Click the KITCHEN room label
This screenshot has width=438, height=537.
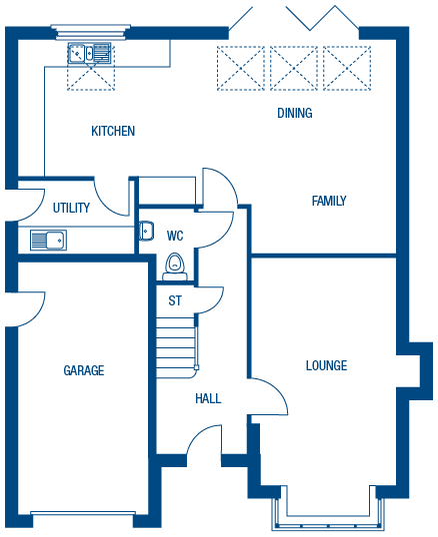click(113, 132)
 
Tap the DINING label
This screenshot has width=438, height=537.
click(295, 114)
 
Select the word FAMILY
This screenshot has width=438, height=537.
click(328, 201)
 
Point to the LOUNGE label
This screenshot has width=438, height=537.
click(326, 366)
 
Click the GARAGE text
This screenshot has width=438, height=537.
click(84, 370)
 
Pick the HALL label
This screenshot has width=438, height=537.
click(208, 398)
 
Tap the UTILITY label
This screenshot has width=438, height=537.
click(71, 209)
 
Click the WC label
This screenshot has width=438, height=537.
click(175, 237)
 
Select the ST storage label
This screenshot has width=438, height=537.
click(175, 300)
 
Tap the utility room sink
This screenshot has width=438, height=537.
click(47, 240)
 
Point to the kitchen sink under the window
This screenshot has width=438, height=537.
click(79, 53)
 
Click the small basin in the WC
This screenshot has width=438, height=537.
click(145, 228)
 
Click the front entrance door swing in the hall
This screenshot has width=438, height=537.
click(204, 439)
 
